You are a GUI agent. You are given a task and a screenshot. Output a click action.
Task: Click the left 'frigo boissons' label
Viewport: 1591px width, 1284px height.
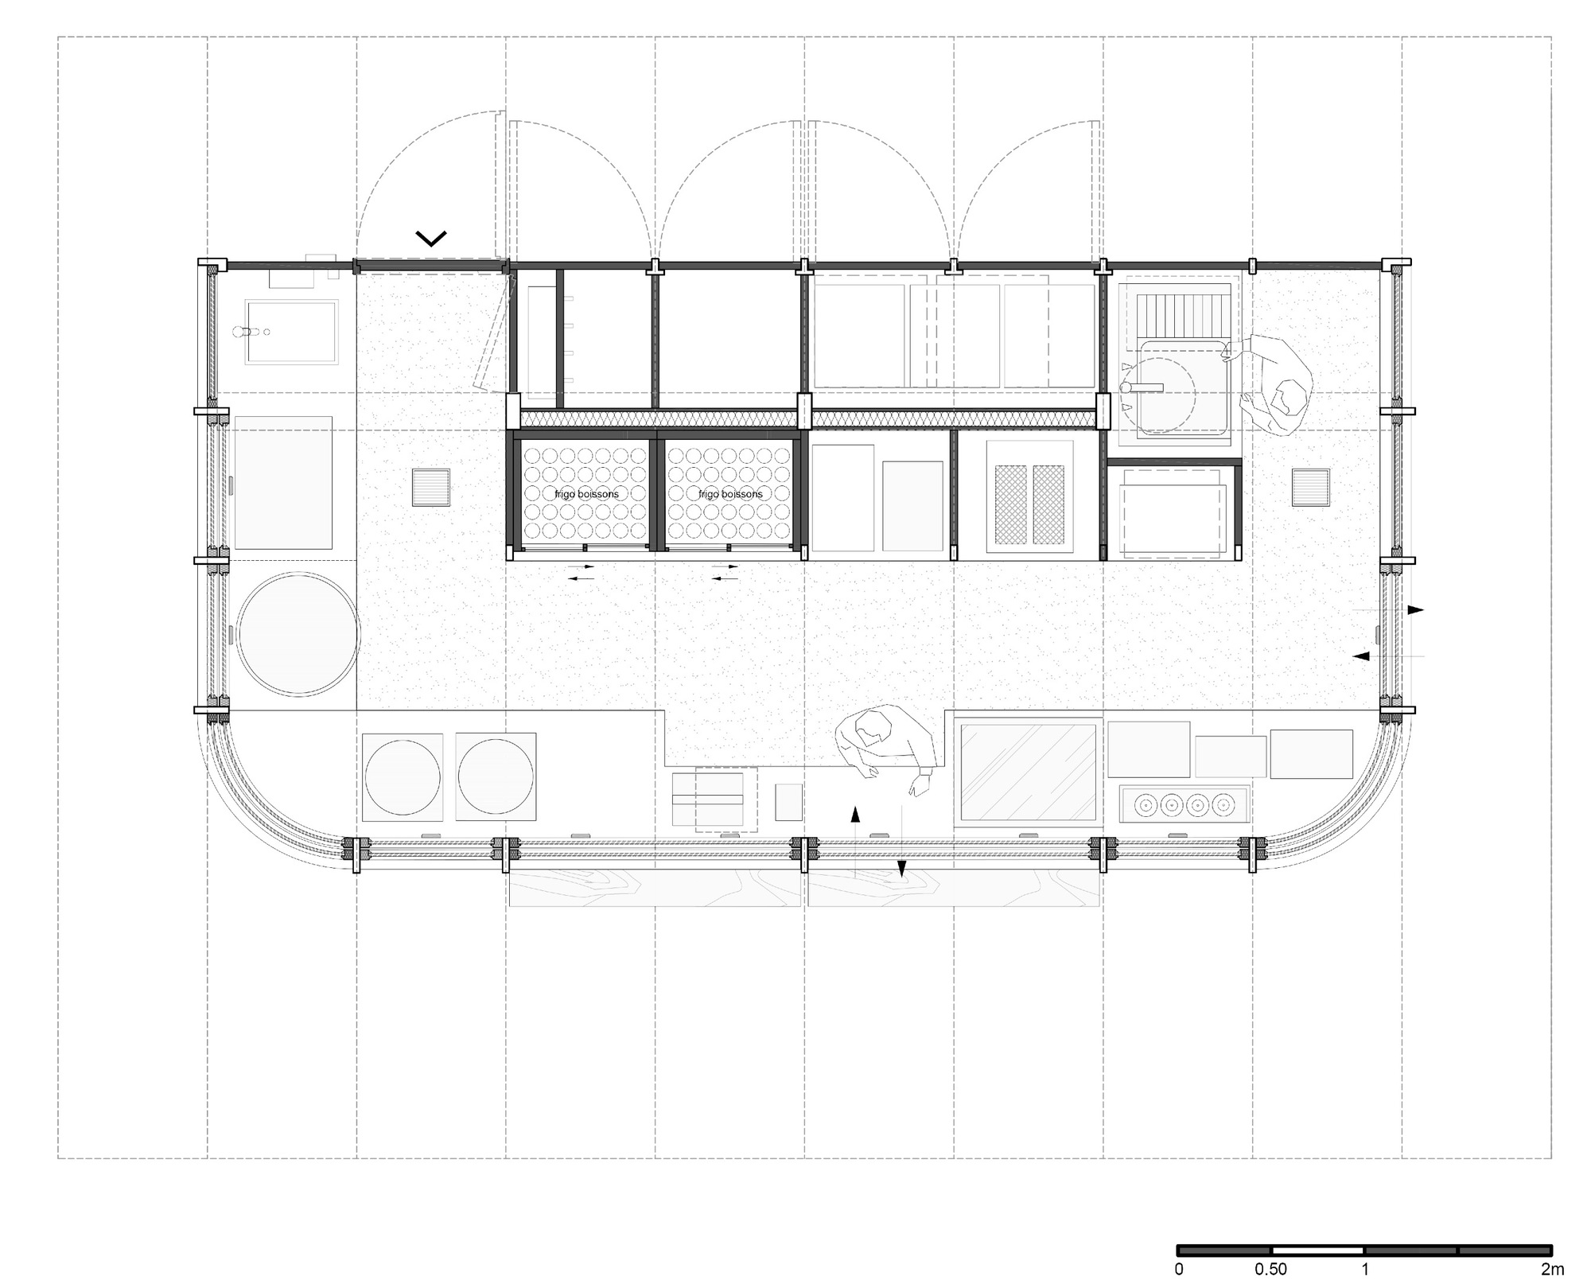pyautogui.click(x=586, y=494)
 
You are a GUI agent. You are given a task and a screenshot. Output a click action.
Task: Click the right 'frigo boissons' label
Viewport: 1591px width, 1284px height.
pyautogui.click(x=730, y=494)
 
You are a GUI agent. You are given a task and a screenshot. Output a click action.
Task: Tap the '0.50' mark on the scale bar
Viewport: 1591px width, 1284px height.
pyautogui.click(x=1271, y=1269)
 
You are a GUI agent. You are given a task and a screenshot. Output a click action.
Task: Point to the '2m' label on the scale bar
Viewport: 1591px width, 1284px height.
pyautogui.click(x=1551, y=1269)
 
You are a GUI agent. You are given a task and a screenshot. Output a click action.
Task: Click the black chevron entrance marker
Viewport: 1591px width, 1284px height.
pyautogui.click(x=431, y=237)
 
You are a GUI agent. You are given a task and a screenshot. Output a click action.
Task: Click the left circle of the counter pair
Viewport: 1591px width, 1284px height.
pyautogui.click(x=402, y=777)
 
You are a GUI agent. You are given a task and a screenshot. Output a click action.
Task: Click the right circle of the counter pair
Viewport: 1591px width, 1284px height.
pyautogui.click(x=496, y=777)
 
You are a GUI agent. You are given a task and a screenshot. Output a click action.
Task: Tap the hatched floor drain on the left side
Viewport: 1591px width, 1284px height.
pyautogui.click(x=430, y=488)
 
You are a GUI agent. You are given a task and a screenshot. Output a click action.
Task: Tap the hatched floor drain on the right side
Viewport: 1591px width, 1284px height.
pyautogui.click(x=1310, y=488)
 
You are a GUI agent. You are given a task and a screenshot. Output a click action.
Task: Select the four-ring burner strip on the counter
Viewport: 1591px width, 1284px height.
pyautogui.click(x=1184, y=804)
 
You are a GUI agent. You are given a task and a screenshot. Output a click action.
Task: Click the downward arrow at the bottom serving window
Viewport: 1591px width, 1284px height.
pyautogui.click(x=901, y=869)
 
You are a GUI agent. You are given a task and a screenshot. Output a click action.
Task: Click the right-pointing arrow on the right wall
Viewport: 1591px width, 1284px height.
pyautogui.click(x=1415, y=610)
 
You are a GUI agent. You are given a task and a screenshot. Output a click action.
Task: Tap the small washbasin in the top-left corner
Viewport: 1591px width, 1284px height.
pyautogui.click(x=291, y=332)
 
